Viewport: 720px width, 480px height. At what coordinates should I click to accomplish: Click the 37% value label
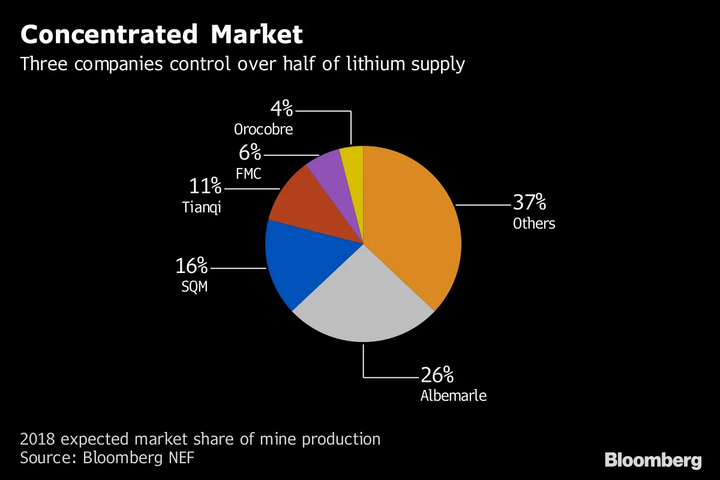[529, 202]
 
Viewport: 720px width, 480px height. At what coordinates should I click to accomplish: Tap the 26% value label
[437, 376]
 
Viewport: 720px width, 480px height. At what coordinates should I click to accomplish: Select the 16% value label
[191, 265]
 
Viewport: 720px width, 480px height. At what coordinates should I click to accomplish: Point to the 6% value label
[250, 153]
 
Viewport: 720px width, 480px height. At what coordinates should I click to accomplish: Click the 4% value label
[281, 109]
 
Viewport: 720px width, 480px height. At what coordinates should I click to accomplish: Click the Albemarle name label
[453, 396]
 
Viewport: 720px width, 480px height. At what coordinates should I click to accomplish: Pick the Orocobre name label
[263, 129]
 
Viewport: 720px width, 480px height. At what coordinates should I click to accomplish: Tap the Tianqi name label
[202, 208]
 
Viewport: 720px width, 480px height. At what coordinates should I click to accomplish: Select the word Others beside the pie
[533, 224]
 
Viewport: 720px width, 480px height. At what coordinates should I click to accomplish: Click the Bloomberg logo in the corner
[653, 461]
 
